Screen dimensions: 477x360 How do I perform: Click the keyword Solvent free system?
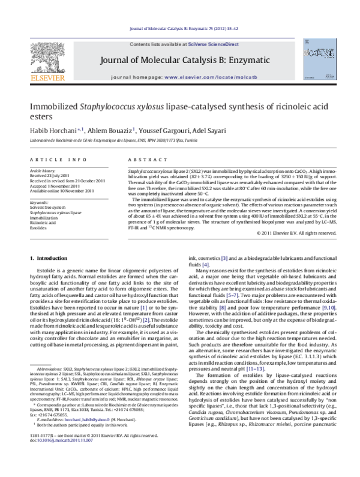click(47, 208)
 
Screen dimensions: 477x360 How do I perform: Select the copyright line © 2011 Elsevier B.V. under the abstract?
click(294, 232)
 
